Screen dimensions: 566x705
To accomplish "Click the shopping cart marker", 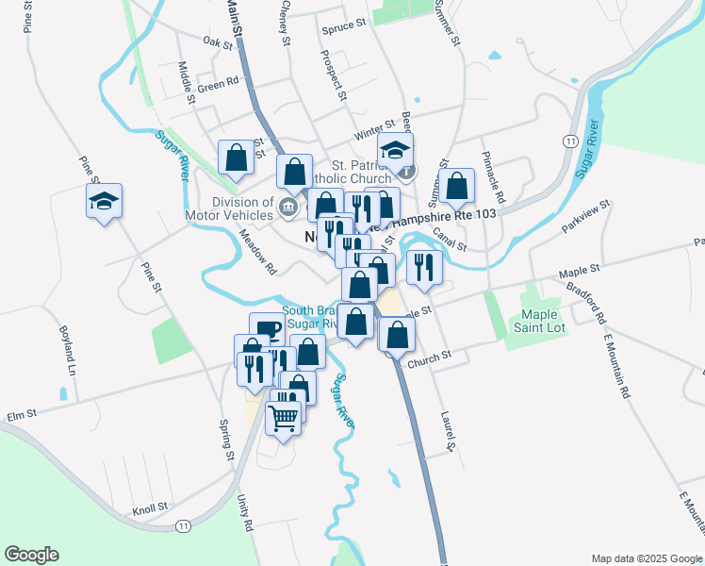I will [284, 417].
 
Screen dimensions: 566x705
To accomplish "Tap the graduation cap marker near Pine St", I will [105, 201].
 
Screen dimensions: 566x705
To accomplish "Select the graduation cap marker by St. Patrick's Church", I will [396, 150].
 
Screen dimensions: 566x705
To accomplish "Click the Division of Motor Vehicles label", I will [229, 208].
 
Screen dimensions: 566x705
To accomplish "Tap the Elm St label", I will [21, 413].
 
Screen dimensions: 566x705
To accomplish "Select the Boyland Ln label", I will [67, 351].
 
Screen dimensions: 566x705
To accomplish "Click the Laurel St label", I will [449, 429].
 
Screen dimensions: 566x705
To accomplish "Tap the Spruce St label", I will [342, 26].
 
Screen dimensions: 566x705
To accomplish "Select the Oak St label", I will [217, 42].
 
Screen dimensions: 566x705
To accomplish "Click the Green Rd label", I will [218, 85].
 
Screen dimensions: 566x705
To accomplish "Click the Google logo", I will [31, 555].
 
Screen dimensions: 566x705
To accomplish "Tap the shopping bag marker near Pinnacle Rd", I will [456, 188].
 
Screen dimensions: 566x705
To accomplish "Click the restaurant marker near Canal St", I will [424, 267].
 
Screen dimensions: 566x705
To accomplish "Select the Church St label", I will [431, 356].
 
